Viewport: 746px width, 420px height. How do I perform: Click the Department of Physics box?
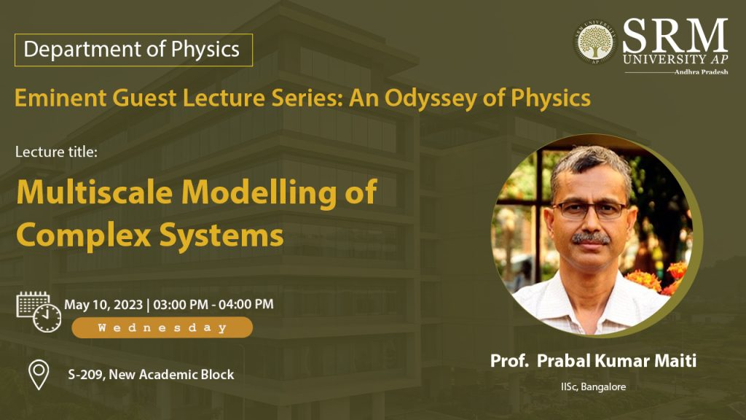click(x=133, y=50)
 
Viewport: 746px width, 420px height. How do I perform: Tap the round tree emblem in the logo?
click(x=594, y=42)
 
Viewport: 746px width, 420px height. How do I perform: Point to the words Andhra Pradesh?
click(x=701, y=72)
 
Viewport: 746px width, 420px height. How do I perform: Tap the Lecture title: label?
click(x=56, y=152)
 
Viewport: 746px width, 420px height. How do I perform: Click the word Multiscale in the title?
click(x=94, y=192)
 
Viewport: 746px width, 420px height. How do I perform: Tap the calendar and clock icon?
click(x=39, y=312)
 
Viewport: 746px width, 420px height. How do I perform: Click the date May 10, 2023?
click(x=103, y=305)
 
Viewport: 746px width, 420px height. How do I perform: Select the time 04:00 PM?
click(x=246, y=304)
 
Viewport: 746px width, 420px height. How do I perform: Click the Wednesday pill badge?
click(x=162, y=327)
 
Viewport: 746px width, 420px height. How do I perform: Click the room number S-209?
click(x=86, y=375)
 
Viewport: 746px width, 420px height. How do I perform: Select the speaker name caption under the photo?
click(x=593, y=360)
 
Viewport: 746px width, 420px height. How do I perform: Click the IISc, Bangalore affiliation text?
click(x=593, y=386)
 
